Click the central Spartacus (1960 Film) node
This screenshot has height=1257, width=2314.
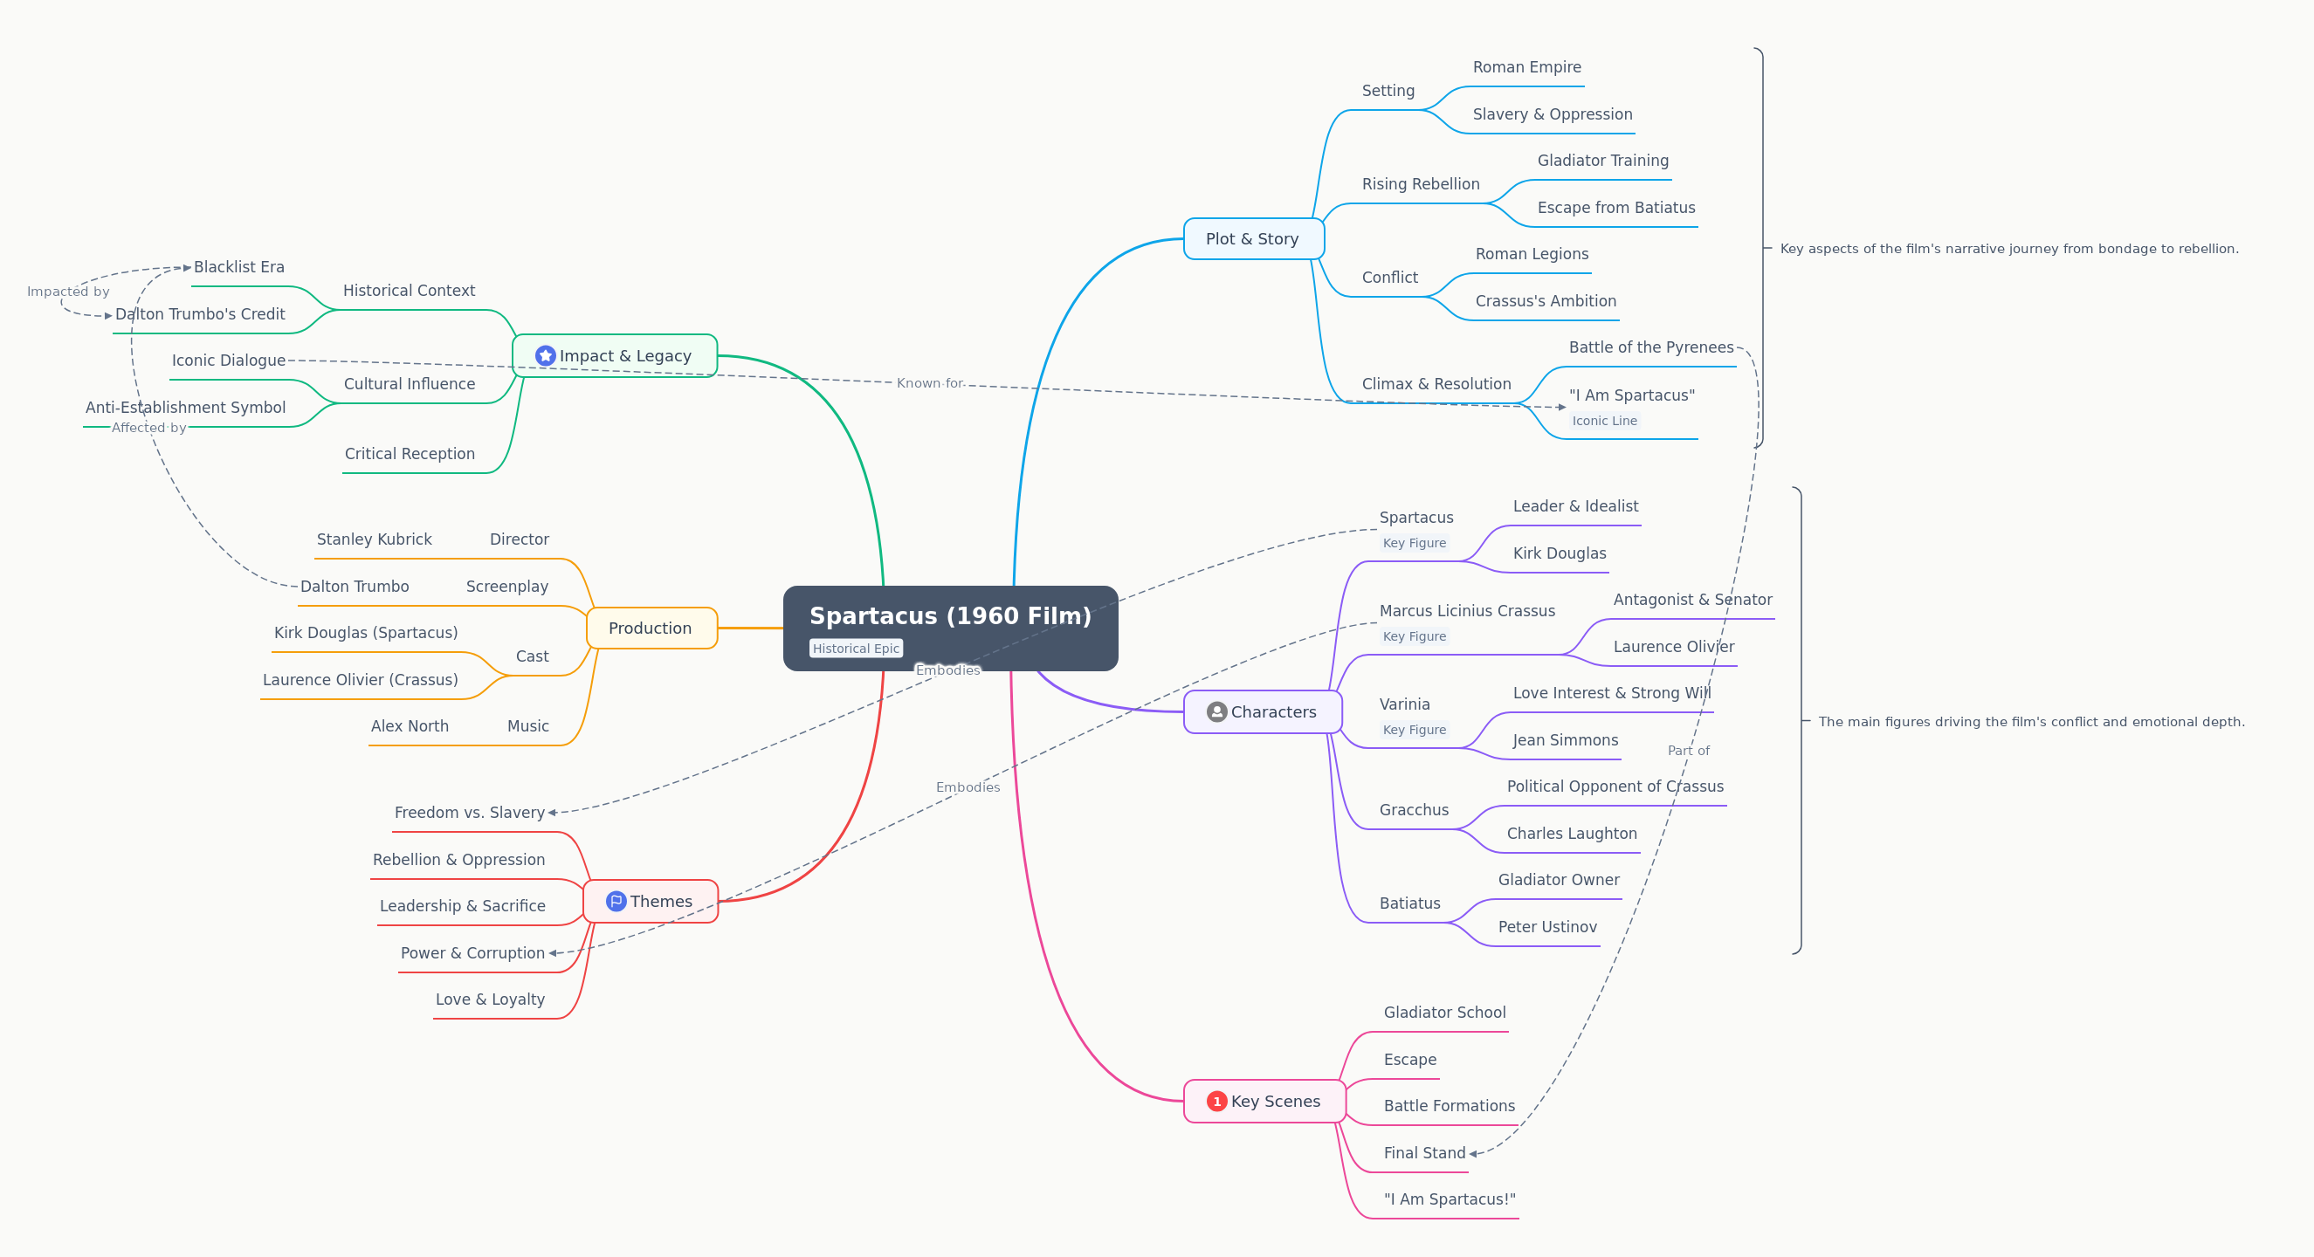tap(950, 628)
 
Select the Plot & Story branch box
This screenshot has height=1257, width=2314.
tap(1253, 239)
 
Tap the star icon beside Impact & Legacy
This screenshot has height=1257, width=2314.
tap(545, 355)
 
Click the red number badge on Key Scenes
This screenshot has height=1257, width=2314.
tap(1216, 1101)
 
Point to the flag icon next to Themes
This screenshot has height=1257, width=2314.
tap(616, 902)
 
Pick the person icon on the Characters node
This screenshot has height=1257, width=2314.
tap(1216, 712)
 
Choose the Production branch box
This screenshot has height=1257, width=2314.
tap(651, 628)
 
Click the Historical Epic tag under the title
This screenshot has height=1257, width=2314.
tap(856, 649)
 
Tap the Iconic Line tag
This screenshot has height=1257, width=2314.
tap(1604, 420)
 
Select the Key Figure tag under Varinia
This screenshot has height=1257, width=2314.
tap(1415, 730)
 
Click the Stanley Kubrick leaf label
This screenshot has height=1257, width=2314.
tap(374, 539)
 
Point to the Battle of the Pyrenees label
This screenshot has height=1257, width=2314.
tap(1651, 347)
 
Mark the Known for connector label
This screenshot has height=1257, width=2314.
tap(930, 383)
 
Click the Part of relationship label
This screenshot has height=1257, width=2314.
tap(1688, 751)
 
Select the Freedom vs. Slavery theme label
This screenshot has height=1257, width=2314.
tap(469, 813)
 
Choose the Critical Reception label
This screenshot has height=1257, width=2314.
tap(410, 453)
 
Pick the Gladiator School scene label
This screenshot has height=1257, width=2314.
tap(1444, 1012)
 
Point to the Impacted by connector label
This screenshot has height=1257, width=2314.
tap(68, 292)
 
